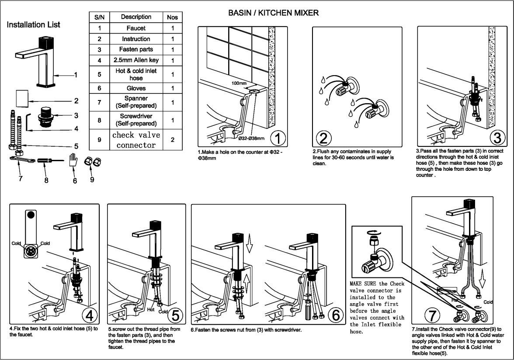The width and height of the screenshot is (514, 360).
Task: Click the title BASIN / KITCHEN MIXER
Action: point(274,14)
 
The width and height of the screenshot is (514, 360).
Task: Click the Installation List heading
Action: point(34,25)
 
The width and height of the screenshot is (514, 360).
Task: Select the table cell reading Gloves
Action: point(136,88)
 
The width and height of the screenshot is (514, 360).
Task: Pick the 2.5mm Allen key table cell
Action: point(136,60)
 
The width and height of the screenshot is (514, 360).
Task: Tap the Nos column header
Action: point(173,17)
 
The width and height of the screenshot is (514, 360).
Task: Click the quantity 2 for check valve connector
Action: point(173,140)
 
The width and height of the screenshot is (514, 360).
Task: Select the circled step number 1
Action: point(278,138)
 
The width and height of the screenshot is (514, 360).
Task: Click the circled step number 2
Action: point(323,138)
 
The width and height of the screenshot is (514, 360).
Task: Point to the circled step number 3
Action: point(497,138)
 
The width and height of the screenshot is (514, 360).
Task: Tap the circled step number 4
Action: point(89,314)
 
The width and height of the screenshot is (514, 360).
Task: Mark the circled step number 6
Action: point(335,314)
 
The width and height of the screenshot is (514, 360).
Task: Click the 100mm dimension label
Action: point(240,83)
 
